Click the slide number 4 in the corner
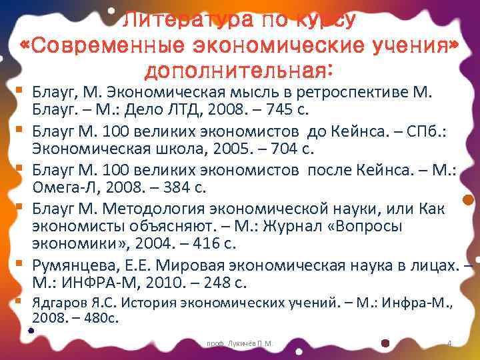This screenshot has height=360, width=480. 449,344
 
